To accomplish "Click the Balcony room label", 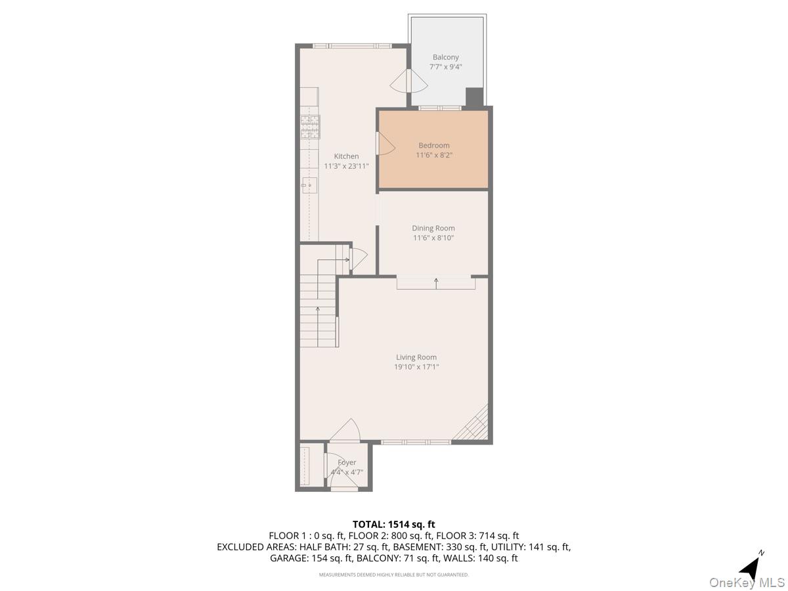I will [x=445, y=57].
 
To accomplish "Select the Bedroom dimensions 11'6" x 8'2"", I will [x=434, y=156].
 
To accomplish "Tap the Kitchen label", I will [x=346, y=156].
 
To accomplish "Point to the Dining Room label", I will [x=433, y=229].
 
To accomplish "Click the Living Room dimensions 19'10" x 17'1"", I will [x=416, y=367].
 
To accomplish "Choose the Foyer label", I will [x=347, y=462].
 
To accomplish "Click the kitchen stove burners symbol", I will [x=310, y=127].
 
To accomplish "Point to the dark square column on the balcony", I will [x=474, y=97].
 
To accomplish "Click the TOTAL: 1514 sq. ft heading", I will [x=394, y=524].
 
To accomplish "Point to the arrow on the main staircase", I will [x=318, y=309].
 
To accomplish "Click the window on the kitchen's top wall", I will [x=351, y=45].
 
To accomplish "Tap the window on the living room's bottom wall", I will [x=416, y=442].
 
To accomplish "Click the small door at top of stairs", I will [x=359, y=259].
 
